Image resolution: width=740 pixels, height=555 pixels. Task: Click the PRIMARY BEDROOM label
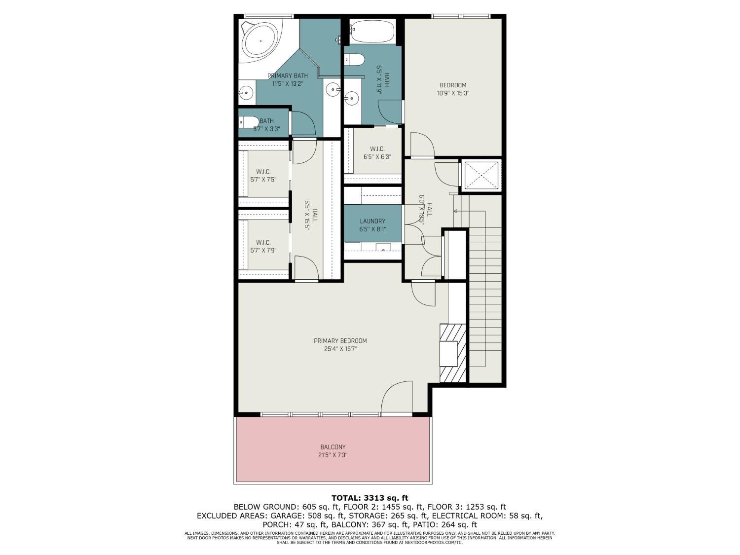coord(340,341)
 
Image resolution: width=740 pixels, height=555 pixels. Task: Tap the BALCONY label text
coord(333,447)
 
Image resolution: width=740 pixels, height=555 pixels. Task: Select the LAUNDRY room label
coord(372,221)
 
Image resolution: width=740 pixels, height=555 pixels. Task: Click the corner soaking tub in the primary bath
coord(260,41)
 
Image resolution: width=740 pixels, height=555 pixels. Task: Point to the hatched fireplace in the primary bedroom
coord(452,353)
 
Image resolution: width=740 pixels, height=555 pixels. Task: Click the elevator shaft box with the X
coord(481,176)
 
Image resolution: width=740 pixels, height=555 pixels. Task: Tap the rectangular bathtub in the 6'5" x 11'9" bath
coord(371,32)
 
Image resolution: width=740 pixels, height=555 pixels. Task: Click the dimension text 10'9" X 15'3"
coord(453,93)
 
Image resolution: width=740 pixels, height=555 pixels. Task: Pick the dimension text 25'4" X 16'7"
coord(340,349)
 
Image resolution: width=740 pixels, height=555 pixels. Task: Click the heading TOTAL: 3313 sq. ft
coord(370,498)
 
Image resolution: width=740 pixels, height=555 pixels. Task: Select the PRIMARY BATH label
coord(288,76)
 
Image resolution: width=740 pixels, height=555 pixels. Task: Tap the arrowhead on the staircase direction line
coord(455,211)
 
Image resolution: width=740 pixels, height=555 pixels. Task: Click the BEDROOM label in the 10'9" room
coord(453,85)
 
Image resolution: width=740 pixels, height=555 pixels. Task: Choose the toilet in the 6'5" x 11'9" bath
coord(355,60)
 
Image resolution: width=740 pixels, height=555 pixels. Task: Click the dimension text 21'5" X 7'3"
coord(333,455)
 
